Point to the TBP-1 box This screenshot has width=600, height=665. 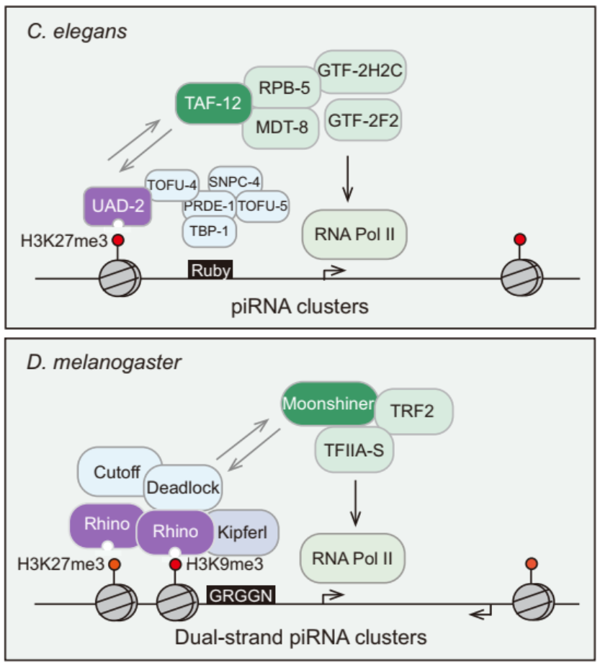coord(208,231)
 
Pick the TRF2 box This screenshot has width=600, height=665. coord(415,411)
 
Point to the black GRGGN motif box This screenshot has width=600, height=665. coord(239,595)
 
